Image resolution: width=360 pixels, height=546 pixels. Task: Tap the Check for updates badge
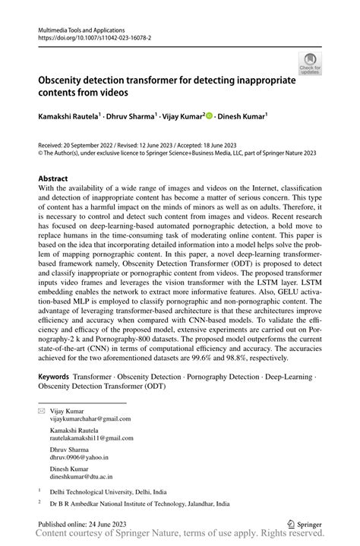pyautogui.click(x=309, y=67)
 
